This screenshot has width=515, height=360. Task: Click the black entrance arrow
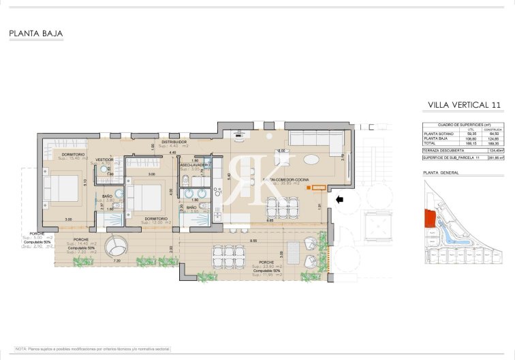[340, 199]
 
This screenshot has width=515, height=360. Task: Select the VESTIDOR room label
[104, 160]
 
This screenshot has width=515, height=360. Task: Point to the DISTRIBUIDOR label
[174, 142]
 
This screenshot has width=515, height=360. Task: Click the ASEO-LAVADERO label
[195, 164]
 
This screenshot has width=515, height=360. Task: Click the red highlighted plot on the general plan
[429, 219]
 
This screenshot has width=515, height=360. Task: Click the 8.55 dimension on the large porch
[253, 241]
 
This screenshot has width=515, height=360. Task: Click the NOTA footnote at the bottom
[93, 348]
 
